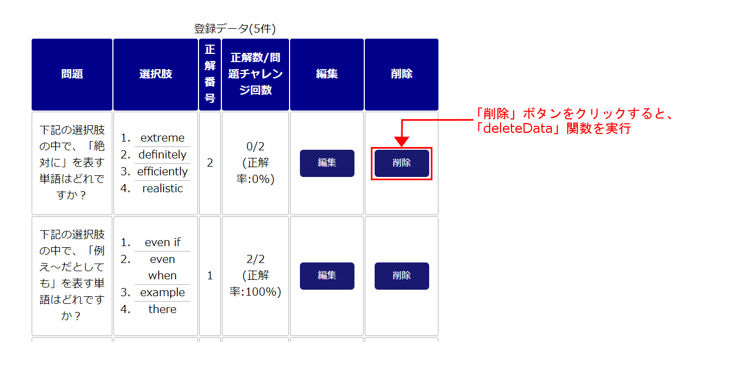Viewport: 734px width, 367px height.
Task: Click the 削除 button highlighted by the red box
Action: [402, 163]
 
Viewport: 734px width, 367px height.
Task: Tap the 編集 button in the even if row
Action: [327, 276]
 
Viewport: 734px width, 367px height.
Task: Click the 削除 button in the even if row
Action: [402, 276]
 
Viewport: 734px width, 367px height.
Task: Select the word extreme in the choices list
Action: [163, 138]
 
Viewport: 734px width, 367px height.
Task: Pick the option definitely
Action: [163, 155]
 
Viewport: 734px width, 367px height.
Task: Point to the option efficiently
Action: [163, 172]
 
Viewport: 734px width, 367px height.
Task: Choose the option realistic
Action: [163, 188]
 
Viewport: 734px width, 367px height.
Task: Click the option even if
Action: [163, 242]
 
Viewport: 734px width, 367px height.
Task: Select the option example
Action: [163, 292]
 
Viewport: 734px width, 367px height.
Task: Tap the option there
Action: [163, 309]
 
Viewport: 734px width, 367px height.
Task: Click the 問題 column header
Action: [72, 74]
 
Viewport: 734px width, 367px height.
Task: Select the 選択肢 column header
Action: [155, 74]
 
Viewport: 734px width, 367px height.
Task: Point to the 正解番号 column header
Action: [210, 74]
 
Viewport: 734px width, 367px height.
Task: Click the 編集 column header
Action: [327, 74]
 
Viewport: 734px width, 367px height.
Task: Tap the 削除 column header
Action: [402, 74]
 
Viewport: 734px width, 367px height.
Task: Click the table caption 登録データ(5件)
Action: [235, 29]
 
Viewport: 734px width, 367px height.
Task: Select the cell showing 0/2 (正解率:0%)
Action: [256, 163]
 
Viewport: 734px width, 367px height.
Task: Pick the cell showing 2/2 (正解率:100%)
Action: [256, 276]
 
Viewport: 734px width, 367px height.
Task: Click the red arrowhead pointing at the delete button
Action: [401, 142]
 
